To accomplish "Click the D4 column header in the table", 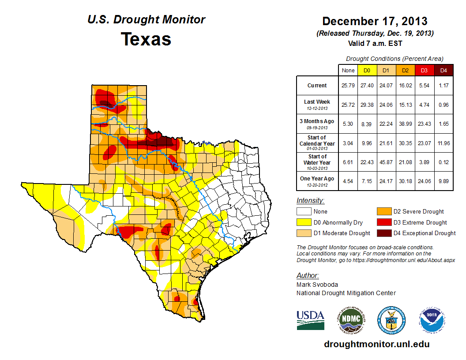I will coord(443,70).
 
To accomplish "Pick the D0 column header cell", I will coord(367,70).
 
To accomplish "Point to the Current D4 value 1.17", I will coord(443,85).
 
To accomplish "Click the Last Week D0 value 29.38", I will coord(367,105).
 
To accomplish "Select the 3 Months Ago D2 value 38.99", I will coord(406,124).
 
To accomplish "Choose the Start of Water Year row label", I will coord(317,162).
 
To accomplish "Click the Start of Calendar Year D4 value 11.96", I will coord(443,143).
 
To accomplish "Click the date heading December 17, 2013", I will coord(375,21).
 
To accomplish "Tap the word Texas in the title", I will coord(146,39).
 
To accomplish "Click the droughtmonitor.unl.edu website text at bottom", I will coord(376,344).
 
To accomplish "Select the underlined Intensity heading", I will coord(310,201).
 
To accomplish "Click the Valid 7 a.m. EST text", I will coord(375,43).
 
